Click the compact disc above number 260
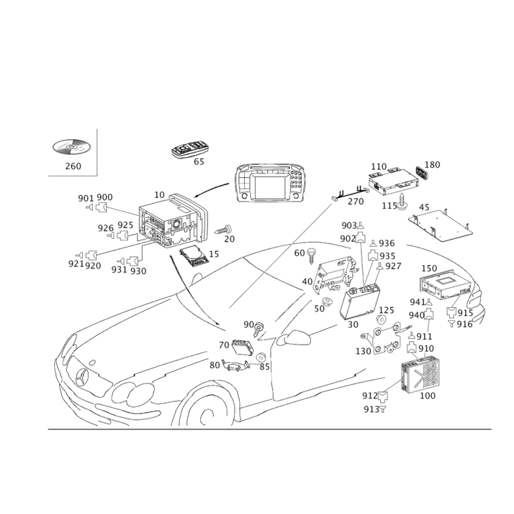(x=71, y=146)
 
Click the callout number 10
(x=159, y=195)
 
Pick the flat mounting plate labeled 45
(x=441, y=226)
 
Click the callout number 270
(x=356, y=201)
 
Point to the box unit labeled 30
(x=360, y=301)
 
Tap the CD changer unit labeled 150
(x=446, y=284)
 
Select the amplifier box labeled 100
(x=420, y=374)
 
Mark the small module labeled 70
(x=243, y=347)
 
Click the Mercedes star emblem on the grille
(x=82, y=377)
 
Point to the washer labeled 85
(x=261, y=357)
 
